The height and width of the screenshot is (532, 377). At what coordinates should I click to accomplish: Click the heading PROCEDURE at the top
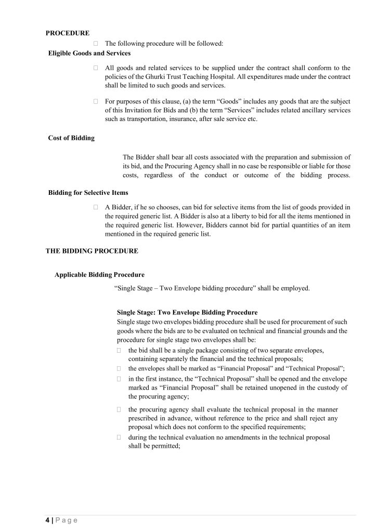click(67, 33)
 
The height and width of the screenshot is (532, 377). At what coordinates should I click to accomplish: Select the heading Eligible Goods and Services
click(89, 53)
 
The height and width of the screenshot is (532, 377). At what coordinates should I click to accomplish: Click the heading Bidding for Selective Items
click(88, 193)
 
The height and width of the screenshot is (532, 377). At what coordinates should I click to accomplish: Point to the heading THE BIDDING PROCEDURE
click(92, 250)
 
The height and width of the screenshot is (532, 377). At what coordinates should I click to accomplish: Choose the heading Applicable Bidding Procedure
click(99, 274)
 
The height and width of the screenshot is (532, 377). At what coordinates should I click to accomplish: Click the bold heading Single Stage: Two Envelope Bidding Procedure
click(187, 313)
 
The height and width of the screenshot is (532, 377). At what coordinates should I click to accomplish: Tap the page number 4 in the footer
click(47, 520)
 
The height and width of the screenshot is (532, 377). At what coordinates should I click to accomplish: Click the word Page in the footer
click(66, 520)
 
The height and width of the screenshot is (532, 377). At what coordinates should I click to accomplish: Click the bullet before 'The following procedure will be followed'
click(96, 44)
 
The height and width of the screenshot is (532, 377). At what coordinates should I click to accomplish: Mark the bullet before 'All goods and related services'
click(96, 68)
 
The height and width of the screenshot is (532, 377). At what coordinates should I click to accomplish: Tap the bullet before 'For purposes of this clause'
click(96, 101)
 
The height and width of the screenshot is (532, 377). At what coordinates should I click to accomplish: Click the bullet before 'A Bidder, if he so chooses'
click(96, 207)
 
